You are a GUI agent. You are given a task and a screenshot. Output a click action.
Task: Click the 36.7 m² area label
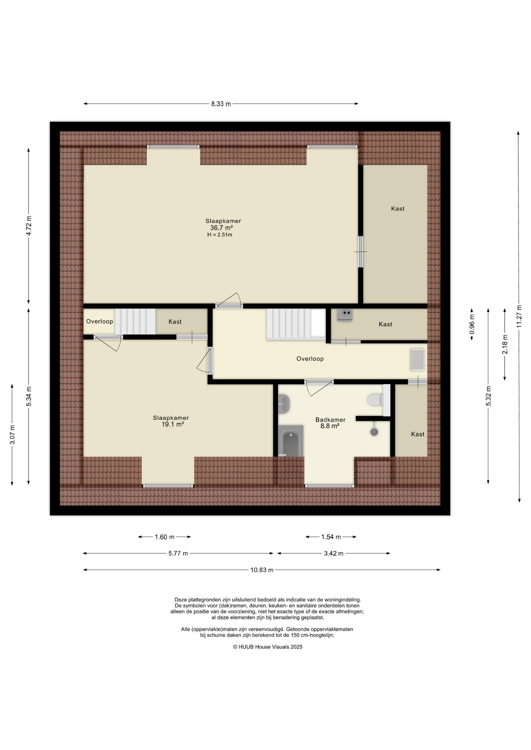(221, 228)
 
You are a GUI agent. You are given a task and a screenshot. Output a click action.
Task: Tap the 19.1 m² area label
(173, 424)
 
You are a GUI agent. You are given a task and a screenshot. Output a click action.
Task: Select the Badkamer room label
(330, 420)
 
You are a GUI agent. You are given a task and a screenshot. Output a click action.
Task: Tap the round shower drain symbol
(374, 432)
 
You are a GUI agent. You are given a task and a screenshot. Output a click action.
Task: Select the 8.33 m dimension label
(221, 104)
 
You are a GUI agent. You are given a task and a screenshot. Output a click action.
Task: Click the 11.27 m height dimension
(519, 316)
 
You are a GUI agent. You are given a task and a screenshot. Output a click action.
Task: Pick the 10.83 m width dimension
(262, 570)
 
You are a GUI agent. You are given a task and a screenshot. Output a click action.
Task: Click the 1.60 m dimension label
(164, 537)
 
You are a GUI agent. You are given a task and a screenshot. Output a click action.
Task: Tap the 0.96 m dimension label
(472, 325)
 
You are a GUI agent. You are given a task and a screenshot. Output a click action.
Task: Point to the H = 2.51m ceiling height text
(220, 235)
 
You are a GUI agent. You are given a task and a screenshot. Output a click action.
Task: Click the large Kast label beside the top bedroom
(398, 209)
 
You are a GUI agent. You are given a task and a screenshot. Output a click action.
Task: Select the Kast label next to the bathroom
(418, 434)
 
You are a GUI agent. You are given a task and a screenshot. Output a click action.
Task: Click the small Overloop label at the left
(100, 321)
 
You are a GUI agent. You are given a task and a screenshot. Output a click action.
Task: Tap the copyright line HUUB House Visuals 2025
(268, 646)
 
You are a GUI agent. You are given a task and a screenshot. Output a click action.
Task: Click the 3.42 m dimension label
(334, 553)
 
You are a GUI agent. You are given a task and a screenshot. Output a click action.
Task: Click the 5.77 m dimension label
(178, 553)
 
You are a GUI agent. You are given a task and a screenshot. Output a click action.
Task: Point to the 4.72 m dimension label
(29, 226)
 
